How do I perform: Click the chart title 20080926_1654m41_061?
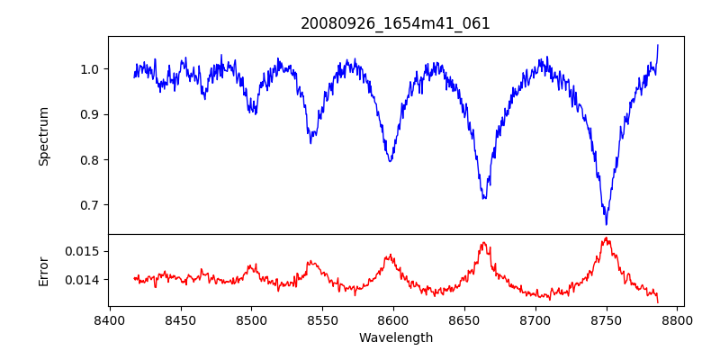pyautogui.click(x=395, y=23)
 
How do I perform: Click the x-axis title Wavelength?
pyautogui.click(x=395, y=337)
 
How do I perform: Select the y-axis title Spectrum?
pyautogui.click(x=43, y=136)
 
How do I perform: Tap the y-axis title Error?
pyautogui.click(x=43, y=270)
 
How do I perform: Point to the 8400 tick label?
pyautogui.click(x=109, y=319)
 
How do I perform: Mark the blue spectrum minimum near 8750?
pyautogui.click(x=607, y=224)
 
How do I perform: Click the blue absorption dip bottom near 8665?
pyautogui.click(x=484, y=198)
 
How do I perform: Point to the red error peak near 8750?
pyautogui.click(x=607, y=238)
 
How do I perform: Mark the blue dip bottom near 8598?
pyautogui.click(x=390, y=161)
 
